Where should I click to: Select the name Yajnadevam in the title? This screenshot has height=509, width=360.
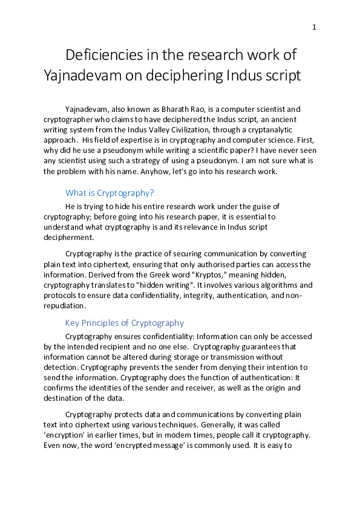pyautogui.click(x=85, y=76)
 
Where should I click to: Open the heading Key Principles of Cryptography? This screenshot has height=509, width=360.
pyautogui.click(x=124, y=323)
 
